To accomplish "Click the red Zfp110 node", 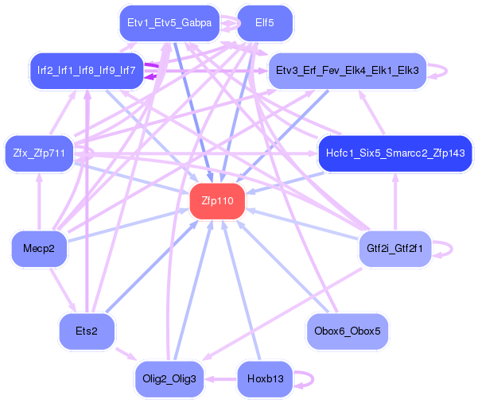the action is (x=217, y=201).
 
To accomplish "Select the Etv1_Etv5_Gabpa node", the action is (x=169, y=23).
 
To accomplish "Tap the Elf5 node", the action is (x=265, y=23).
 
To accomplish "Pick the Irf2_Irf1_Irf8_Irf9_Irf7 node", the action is (x=87, y=71).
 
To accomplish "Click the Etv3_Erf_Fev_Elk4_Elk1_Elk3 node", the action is (x=348, y=71).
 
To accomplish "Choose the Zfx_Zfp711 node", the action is (x=39, y=153).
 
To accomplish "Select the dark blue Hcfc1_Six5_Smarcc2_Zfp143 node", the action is (x=395, y=153).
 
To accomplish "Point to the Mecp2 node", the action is (x=39, y=249).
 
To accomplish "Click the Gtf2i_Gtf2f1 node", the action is (x=395, y=249).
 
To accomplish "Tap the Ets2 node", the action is (x=87, y=331).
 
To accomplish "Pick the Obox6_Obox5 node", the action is (x=348, y=331).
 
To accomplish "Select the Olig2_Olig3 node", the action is (x=169, y=379).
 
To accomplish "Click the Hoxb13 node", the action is (x=265, y=379).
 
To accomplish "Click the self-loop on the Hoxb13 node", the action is (x=313, y=379).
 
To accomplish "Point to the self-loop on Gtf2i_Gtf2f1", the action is (x=452, y=249).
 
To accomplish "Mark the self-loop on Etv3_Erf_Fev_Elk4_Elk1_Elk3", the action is (x=447, y=71).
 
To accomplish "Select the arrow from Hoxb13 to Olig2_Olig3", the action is (x=221, y=379).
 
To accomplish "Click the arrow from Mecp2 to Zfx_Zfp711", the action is (x=39, y=201).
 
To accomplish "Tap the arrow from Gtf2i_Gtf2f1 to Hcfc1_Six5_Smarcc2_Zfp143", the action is (x=395, y=201).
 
